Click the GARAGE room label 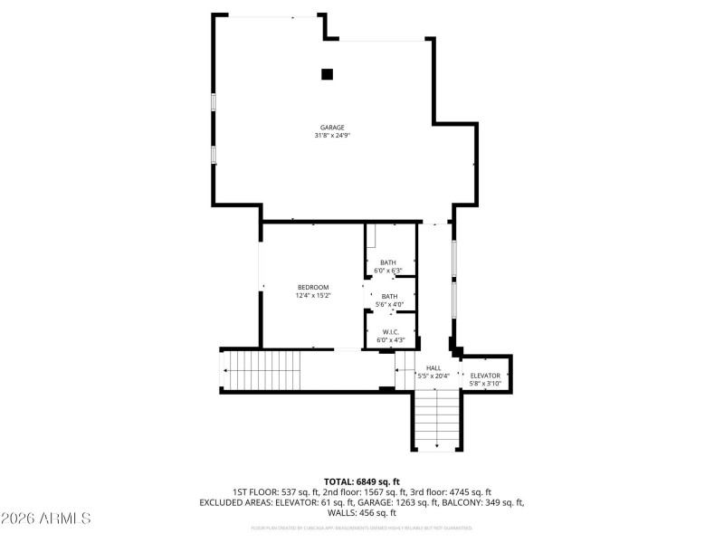point(332,128)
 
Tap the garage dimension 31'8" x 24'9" point(332,136)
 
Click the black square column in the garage point(328,74)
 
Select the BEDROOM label point(312,287)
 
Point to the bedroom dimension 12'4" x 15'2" point(312,295)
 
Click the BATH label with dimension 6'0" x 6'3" point(388,262)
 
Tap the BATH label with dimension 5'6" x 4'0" point(389,296)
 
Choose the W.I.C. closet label point(391,332)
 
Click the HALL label point(433,367)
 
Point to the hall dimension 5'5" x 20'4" point(433,376)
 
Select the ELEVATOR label point(485,375)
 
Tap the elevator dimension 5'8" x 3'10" point(485,383)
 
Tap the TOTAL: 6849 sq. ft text point(362,481)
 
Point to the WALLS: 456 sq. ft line point(362,512)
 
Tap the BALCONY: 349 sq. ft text point(483,501)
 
